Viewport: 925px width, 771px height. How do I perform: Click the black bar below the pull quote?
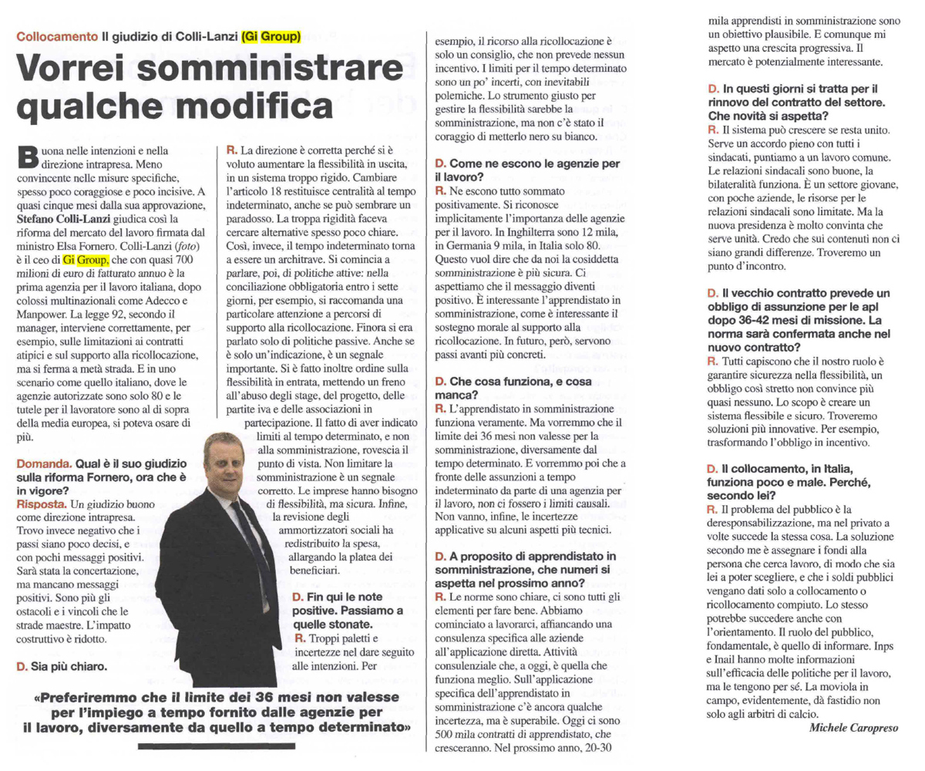[x=216, y=746]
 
